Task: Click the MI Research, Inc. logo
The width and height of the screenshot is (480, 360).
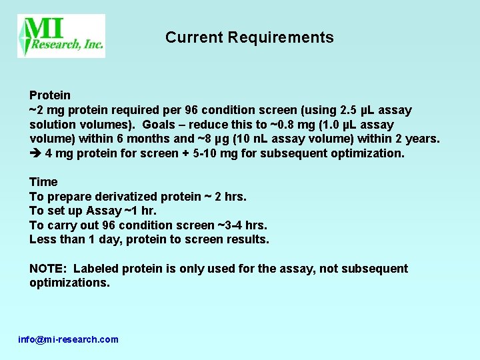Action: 61,35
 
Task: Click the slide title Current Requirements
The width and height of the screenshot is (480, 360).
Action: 249,37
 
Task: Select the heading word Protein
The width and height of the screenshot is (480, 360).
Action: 50,95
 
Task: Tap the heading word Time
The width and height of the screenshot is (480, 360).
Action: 43,182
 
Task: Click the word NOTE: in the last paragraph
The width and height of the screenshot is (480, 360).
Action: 49,269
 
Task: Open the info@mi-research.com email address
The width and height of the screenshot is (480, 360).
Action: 68,339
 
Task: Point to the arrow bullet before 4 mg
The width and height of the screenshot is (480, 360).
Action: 36,153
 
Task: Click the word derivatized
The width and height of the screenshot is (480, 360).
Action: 125,197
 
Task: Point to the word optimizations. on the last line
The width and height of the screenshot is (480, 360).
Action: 69,283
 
